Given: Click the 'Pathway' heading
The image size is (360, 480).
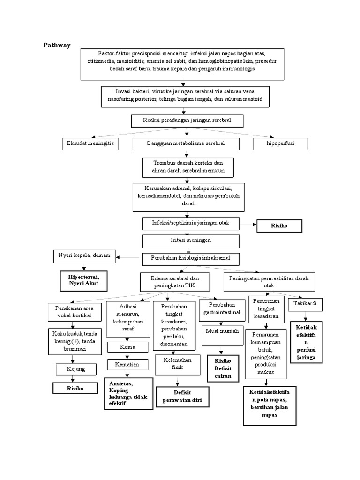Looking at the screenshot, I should tap(57, 45).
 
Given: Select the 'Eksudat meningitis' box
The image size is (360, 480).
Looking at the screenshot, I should tap(90, 143).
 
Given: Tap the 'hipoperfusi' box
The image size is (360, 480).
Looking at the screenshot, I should tap(281, 143).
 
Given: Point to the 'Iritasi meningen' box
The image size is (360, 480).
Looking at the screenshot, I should tap(191, 240).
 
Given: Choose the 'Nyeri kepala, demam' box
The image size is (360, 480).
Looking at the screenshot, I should tap(84, 256).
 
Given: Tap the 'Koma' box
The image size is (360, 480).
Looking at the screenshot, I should tap(127, 348).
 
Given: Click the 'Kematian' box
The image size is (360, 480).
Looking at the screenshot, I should tap(127, 364).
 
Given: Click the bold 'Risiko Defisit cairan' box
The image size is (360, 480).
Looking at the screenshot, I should tap(223, 369).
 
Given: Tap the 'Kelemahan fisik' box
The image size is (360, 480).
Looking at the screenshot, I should tap(174, 364).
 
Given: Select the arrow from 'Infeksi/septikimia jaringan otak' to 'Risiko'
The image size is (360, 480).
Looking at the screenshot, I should tap(248, 225).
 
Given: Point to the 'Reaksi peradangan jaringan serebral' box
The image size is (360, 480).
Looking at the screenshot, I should tap(187, 121).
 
